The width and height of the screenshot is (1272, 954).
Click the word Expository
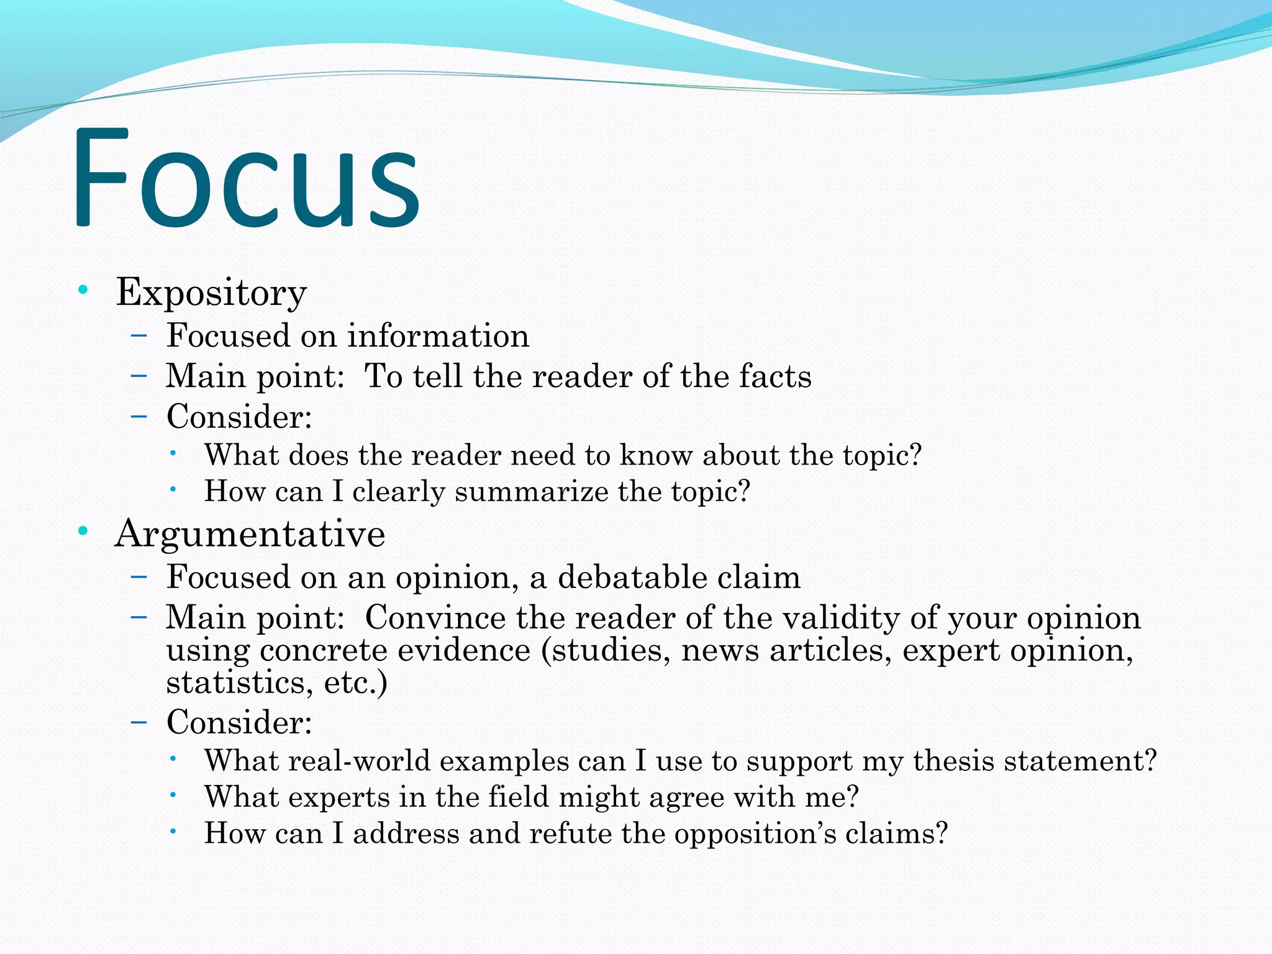pyautogui.click(x=211, y=292)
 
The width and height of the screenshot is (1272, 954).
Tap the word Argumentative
pyautogui.click(x=250, y=534)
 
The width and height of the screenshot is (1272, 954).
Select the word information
pyautogui.click(x=438, y=336)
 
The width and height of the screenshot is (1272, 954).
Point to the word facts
pyautogui.click(x=775, y=376)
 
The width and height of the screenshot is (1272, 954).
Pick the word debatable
pyautogui.click(x=632, y=577)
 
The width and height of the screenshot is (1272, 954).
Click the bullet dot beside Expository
pyautogui.click(x=83, y=289)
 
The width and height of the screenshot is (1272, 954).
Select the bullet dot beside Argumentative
pyautogui.click(x=83, y=531)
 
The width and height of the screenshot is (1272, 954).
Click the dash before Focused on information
pyautogui.click(x=139, y=336)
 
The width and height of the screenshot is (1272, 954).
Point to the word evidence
pyautogui.click(x=464, y=650)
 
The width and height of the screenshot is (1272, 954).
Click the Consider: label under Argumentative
pyautogui.click(x=239, y=722)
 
